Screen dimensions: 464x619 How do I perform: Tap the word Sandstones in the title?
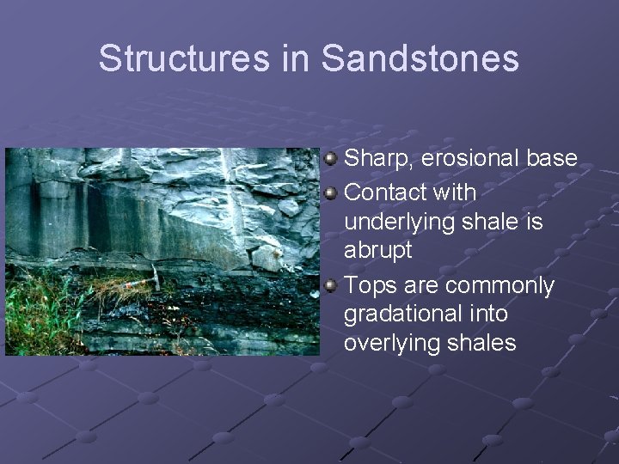tap(420, 58)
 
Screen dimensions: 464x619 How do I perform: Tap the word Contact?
tap(385, 191)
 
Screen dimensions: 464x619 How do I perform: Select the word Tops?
tap(369, 284)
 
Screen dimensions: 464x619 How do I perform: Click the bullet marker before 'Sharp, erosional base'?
tap(331, 159)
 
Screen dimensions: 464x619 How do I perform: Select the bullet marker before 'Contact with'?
tap(331, 191)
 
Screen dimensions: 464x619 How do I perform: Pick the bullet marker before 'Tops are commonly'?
tap(331, 284)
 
